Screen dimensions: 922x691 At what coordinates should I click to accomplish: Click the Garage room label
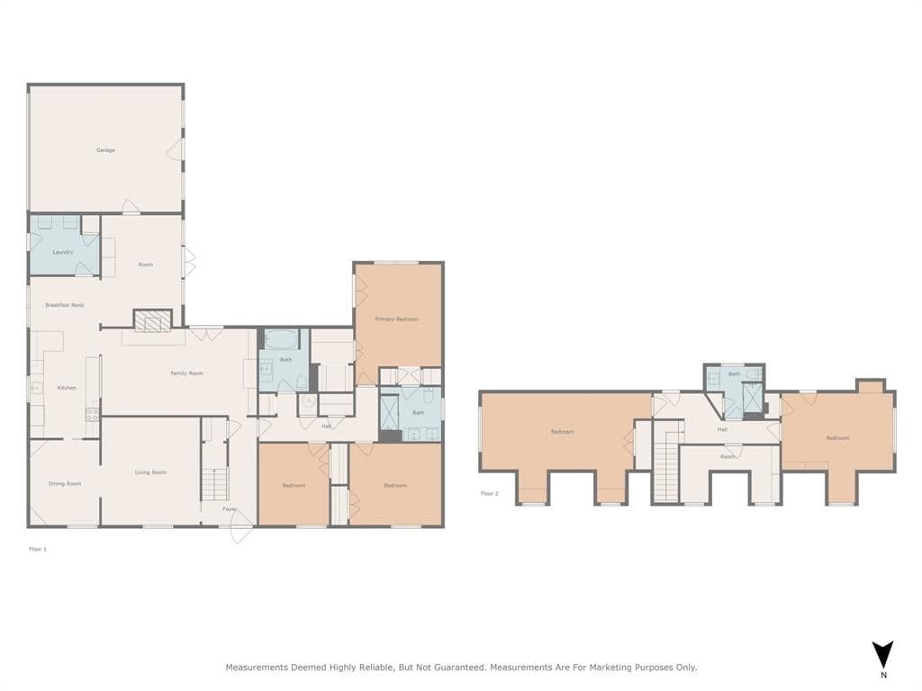click(106, 150)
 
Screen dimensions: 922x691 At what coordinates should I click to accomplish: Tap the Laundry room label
click(63, 252)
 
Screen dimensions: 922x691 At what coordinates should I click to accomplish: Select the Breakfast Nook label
click(65, 305)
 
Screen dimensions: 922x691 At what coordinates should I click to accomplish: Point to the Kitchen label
click(67, 388)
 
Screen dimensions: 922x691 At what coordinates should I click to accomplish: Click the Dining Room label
click(65, 483)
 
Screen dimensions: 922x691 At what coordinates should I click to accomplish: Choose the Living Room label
click(150, 472)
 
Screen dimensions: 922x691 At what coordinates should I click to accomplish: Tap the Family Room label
click(187, 373)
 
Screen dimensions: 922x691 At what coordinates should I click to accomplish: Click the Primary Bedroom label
click(397, 319)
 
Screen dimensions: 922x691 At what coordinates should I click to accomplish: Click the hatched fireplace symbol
click(152, 321)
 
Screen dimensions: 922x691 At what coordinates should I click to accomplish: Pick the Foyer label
click(230, 509)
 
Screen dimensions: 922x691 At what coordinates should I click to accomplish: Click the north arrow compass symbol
click(882, 656)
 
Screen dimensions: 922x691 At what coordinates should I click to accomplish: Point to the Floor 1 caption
click(38, 549)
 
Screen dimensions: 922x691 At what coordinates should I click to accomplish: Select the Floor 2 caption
click(489, 493)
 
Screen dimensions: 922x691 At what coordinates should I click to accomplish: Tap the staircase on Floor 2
click(667, 465)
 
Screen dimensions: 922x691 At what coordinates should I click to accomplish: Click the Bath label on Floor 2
click(735, 373)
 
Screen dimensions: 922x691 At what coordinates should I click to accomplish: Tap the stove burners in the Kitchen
click(93, 414)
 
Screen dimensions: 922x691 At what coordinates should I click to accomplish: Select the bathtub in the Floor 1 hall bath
click(282, 339)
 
